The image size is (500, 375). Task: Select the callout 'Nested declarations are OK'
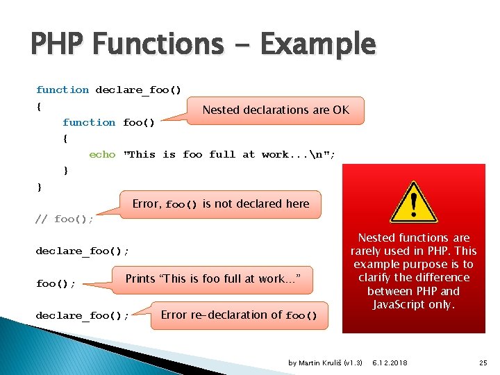click(x=275, y=110)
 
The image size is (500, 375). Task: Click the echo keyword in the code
click(x=102, y=154)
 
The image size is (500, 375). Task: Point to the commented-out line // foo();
click(x=64, y=219)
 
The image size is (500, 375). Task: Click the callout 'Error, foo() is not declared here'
click(x=220, y=204)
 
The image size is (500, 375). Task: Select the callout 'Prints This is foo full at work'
click(x=212, y=279)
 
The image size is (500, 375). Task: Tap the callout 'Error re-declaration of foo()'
click(x=238, y=315)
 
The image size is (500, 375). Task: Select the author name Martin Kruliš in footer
click(x=326, y=363)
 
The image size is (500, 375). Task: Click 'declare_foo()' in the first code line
click(x=138, y=90)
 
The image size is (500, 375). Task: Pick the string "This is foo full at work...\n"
click(x=228, y=154)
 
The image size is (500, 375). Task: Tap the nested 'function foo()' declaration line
click(x=108, y=122)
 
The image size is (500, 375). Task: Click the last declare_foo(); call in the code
click(x=82, y=315)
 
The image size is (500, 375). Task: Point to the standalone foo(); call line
click(x=56, y=283)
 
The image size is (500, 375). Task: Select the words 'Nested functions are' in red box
click(x=414, y=237)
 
